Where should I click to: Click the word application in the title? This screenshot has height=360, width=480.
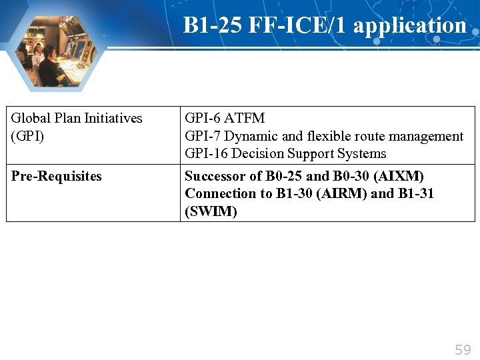(409, 25)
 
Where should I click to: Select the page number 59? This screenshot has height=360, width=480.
(463, 349)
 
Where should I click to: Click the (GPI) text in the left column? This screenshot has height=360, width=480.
(27, 135)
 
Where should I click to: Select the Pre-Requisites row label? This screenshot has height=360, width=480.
(57, 176)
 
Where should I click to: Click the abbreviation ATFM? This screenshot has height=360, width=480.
(245, 118)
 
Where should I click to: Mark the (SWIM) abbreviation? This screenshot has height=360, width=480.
(211, 211)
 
